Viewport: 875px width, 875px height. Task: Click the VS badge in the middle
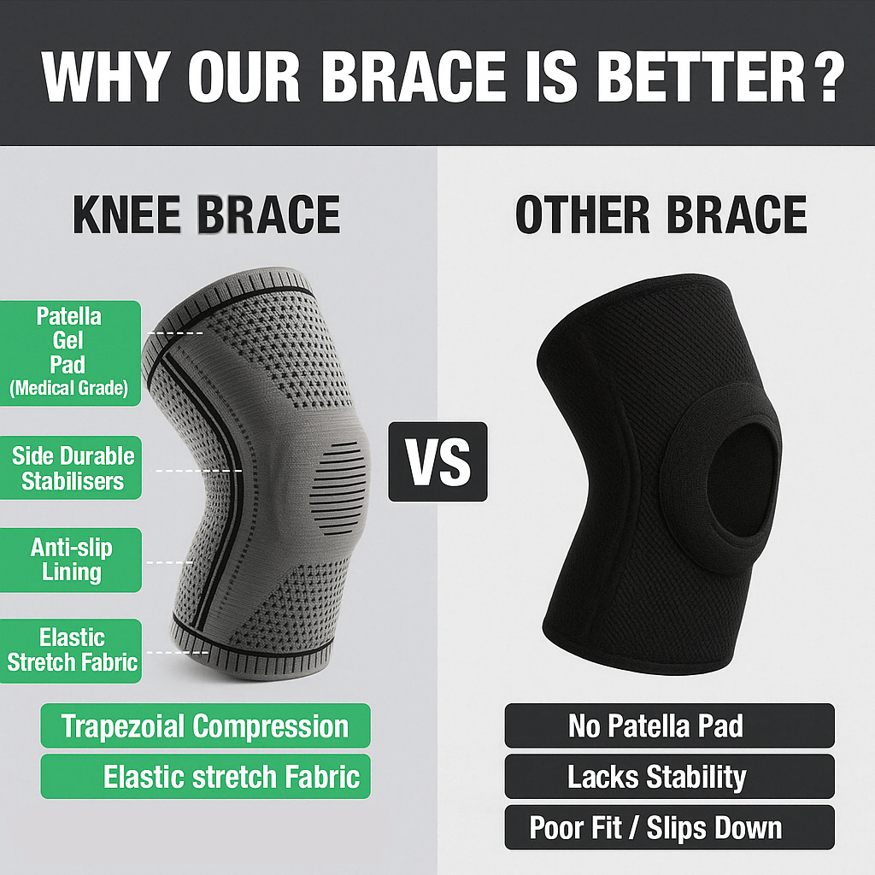point(437,461)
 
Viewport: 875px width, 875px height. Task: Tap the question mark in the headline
point(823,79)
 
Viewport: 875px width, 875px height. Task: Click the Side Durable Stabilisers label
point(72,467)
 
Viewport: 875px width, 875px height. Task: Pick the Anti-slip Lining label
point(72,560)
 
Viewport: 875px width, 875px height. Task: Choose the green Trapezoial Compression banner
point(205,726)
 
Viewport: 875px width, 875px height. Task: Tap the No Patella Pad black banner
point(656,726)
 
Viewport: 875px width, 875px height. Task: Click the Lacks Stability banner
point(656,777)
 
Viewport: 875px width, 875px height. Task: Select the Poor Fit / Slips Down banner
point(656,827)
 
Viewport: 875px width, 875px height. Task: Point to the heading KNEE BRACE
point(206,214)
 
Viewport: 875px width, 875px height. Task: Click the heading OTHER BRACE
point(661,214)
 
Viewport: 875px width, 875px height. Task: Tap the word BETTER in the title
point(693,79)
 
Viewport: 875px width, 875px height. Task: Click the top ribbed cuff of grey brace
point(248,282)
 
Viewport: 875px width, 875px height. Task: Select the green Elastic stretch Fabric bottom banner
point(205,777)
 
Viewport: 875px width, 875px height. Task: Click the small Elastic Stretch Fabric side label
point(72,650)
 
